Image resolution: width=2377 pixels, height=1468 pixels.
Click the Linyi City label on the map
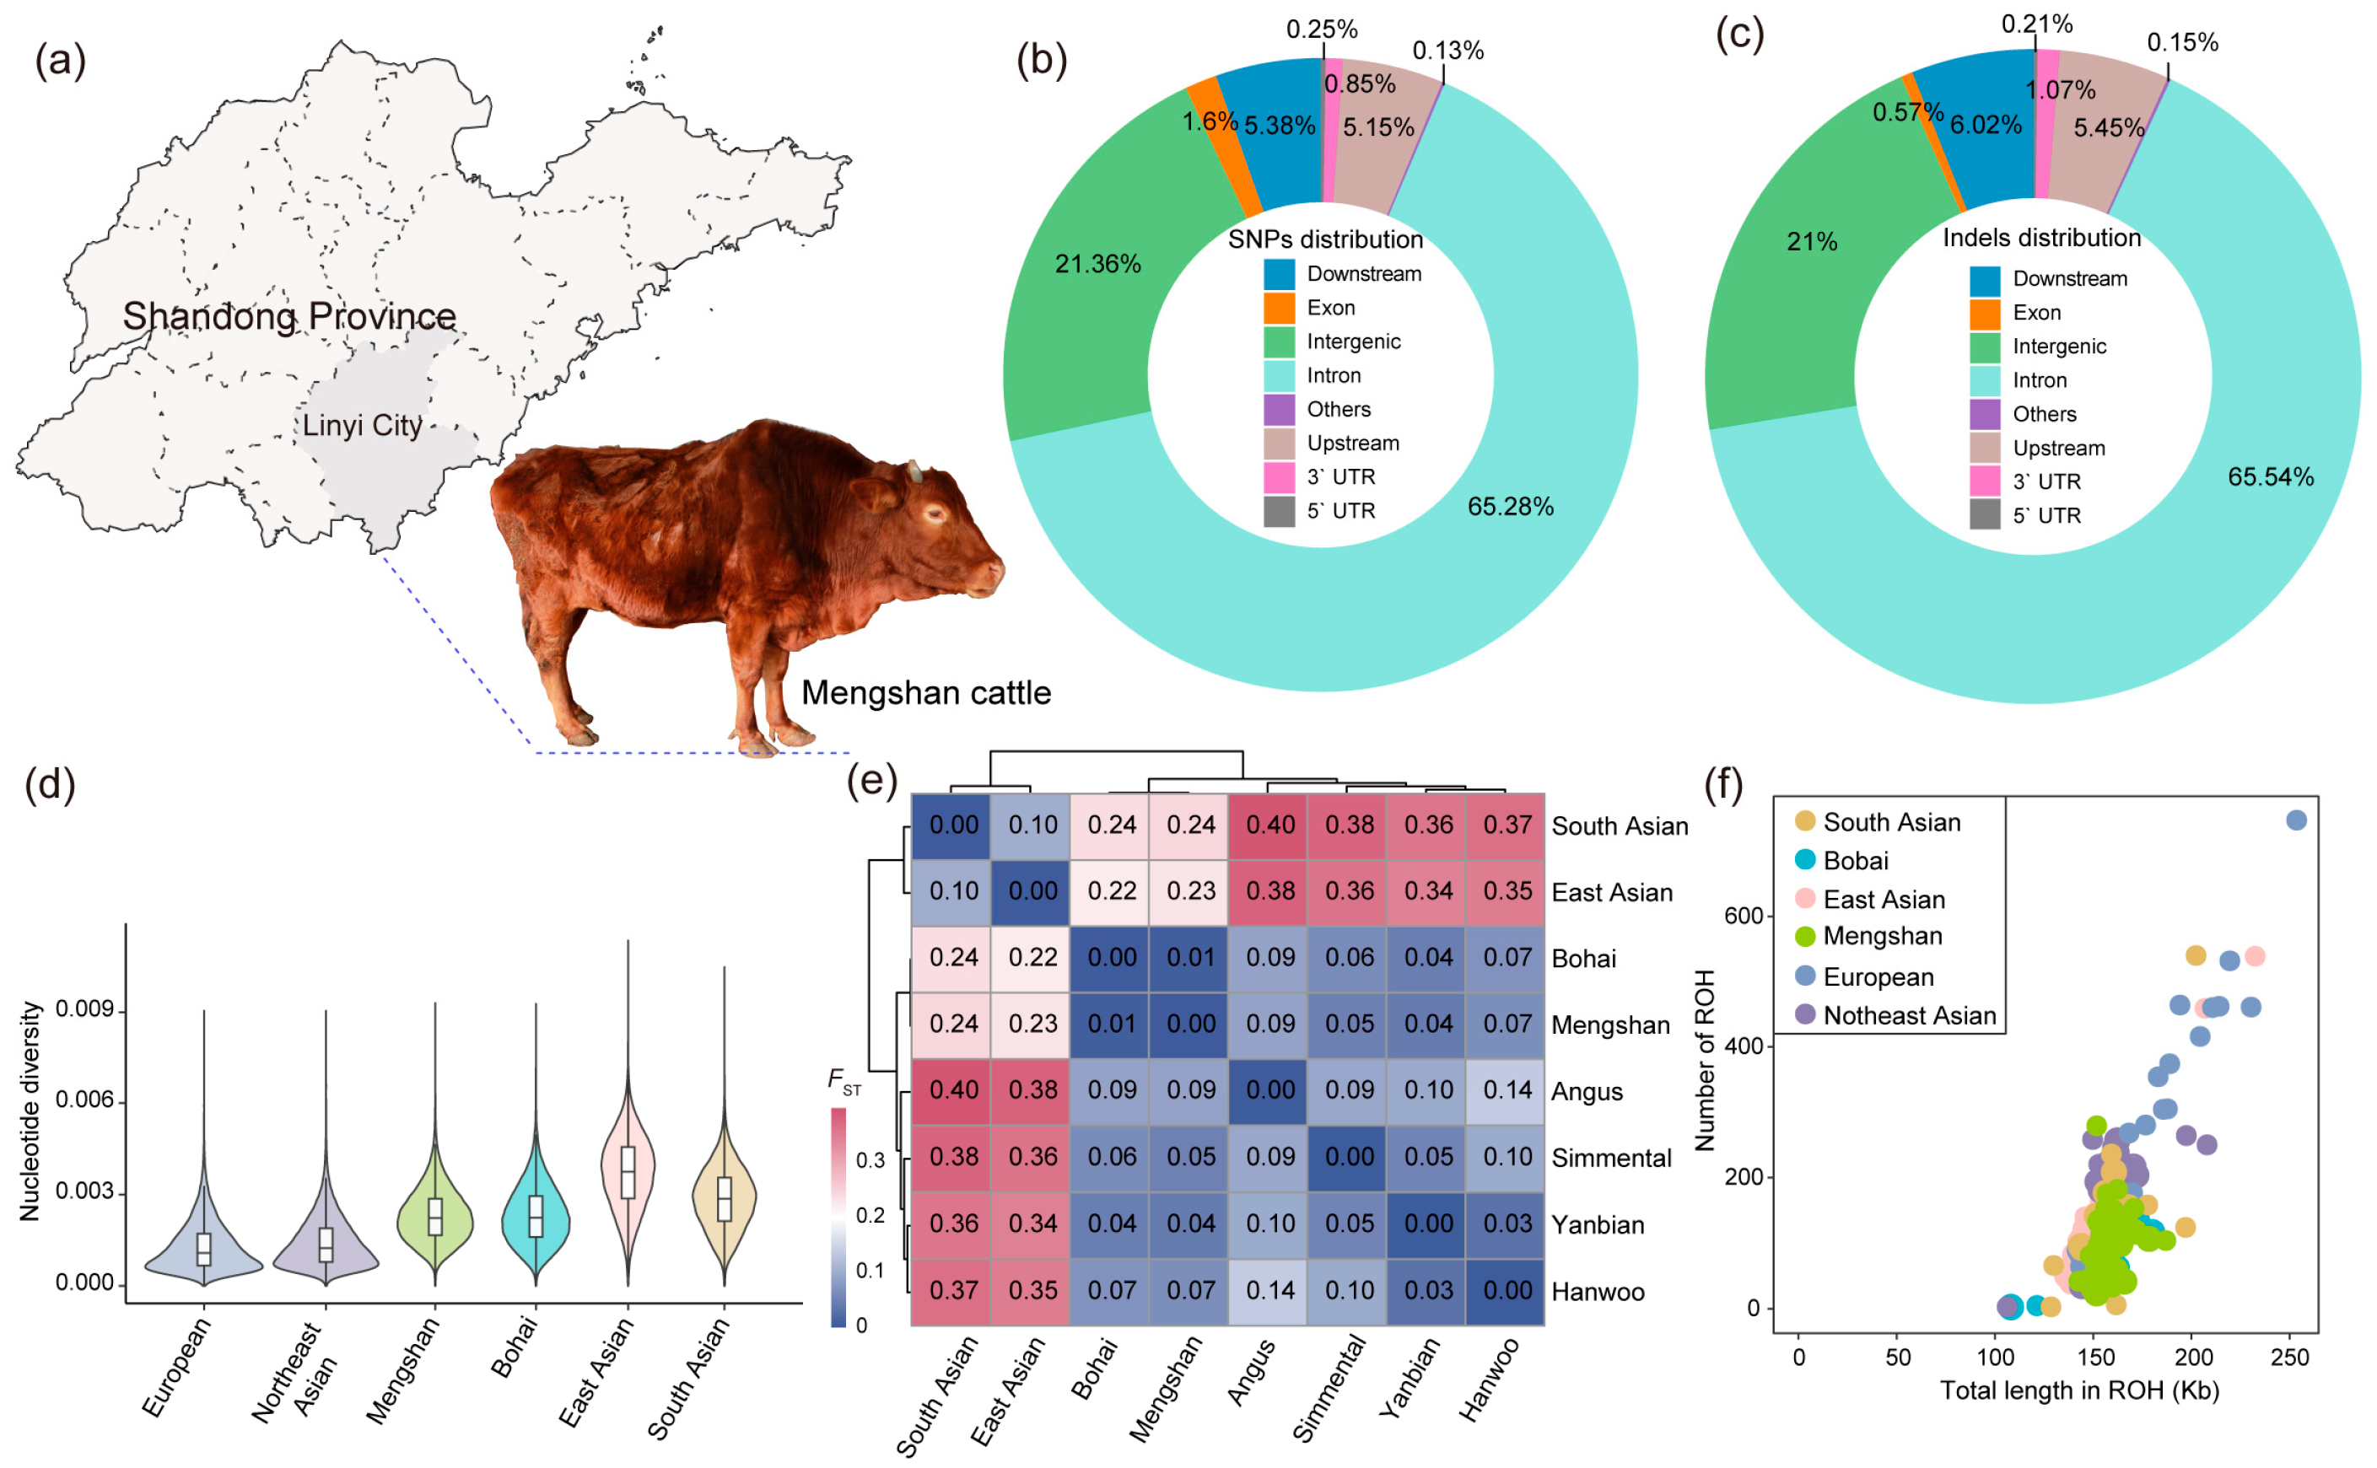coord(362,425)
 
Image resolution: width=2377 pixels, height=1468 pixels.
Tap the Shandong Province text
coord(289,316)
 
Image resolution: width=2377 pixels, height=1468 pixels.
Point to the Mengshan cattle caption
coord(925,693)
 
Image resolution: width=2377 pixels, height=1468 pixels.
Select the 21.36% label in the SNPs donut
coord(1097,264)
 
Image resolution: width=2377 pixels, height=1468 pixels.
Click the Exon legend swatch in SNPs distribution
coord(1279,309)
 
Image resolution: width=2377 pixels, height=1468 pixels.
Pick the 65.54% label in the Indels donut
coord(2269,476)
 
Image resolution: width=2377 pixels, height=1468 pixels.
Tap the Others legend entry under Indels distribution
coord(2043,415)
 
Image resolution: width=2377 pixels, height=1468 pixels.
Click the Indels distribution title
coord(2040,238)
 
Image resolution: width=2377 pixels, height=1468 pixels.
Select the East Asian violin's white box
coord(628,1172)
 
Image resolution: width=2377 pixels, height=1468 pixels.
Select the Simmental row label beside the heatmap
coord(1611,1159)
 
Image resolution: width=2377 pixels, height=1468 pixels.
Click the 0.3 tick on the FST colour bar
coord(870,1160)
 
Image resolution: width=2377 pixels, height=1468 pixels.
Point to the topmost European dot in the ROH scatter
coord(2295,820)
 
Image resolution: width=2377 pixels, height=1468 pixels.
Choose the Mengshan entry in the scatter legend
coord(1881,936)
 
